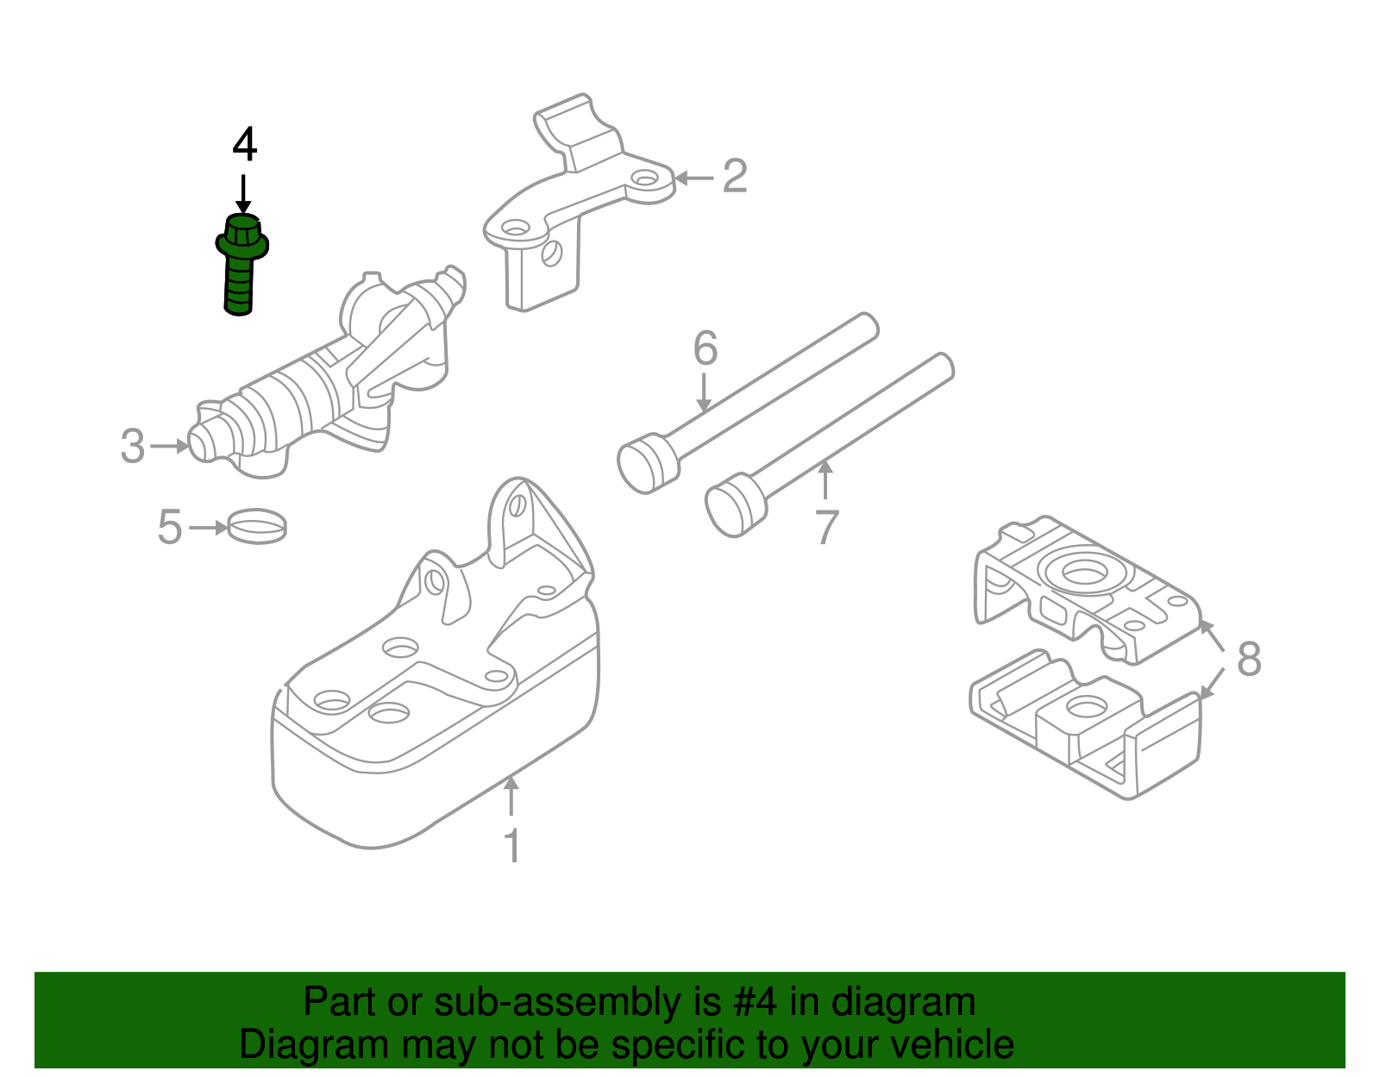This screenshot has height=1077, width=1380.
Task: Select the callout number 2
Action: point(734,176)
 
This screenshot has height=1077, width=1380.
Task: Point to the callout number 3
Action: point(133,447)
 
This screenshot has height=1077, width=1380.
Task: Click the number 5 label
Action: point(170,527)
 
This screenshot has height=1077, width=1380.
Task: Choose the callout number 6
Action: point(705,349)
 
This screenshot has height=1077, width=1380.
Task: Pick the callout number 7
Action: point(826,528)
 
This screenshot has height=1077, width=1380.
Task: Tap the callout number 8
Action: point(1248,659)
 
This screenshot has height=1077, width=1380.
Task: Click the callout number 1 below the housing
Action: point(511,846)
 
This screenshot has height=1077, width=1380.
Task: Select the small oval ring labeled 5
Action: point(257,525)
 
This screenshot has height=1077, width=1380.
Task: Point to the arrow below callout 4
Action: point(244,193)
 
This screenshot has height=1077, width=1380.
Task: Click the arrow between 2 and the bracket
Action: point(693,178)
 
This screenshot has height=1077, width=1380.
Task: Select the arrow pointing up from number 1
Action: point(511,796)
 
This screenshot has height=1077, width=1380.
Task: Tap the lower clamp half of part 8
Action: point(1087,724)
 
